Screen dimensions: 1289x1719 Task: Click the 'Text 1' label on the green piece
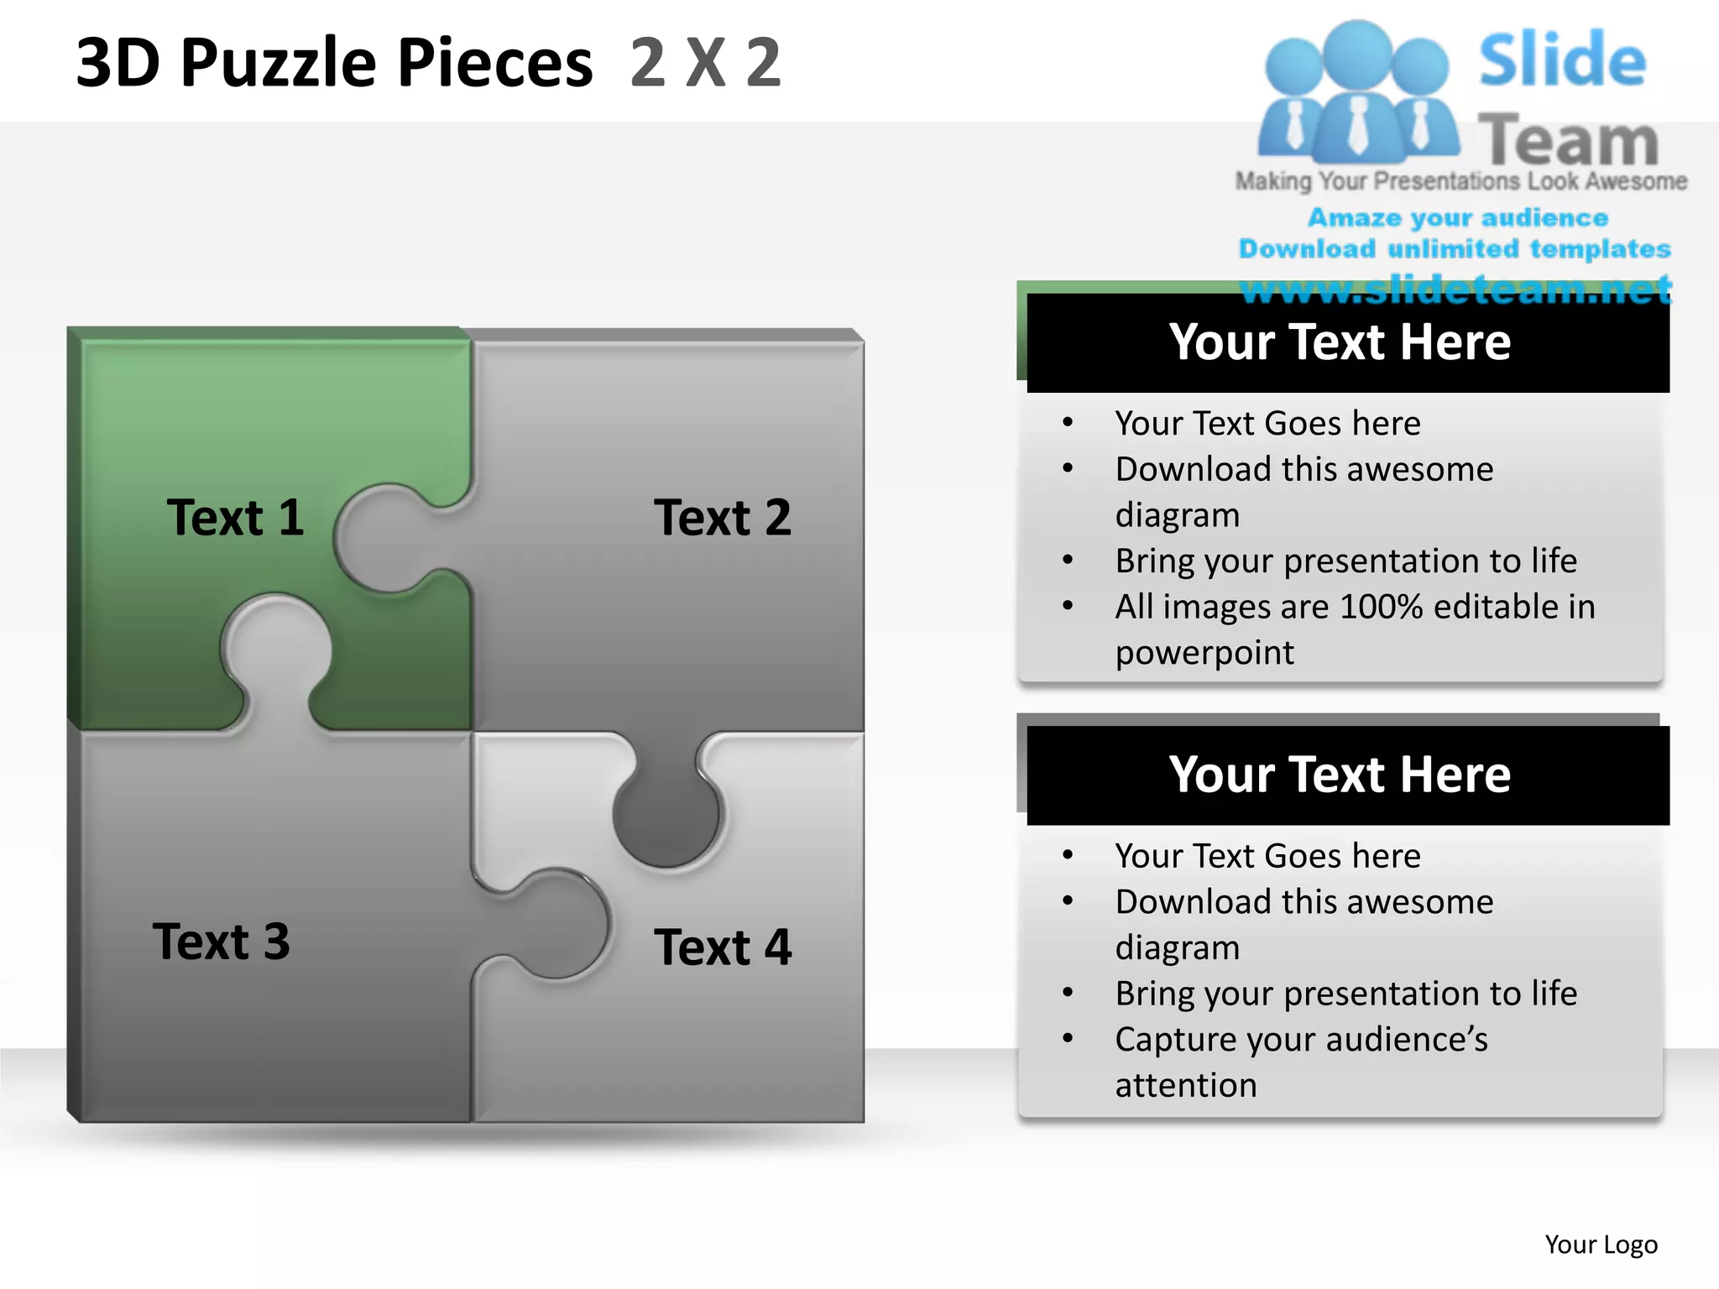tap(235, 517)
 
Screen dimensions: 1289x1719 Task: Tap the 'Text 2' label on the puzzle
tap(722, 517)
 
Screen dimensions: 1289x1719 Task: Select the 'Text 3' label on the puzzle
tap(222, 942)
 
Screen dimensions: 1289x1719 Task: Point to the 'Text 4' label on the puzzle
tap(722, 947)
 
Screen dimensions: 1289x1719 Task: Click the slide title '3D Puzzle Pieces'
tap(334, 63)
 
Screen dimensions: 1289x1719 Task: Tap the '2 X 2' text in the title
tap(705, 63)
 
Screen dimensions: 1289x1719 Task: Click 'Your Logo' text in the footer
tap(1601, 1245)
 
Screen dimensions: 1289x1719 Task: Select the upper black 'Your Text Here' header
tap(1340, 342)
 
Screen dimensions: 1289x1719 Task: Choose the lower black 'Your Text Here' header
tap(1340, 775)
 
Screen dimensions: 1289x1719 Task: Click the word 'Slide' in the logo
tap(1562, 60)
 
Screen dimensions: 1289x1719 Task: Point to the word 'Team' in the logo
tap(1568, 141)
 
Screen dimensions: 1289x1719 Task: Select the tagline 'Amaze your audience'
tap(1458, 218)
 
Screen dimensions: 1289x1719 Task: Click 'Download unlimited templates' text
tap(1455, 249)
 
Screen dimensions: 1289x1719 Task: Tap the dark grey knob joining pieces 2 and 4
tap(666, 812)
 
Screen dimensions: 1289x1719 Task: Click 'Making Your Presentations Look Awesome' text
tap(1460, 181)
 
